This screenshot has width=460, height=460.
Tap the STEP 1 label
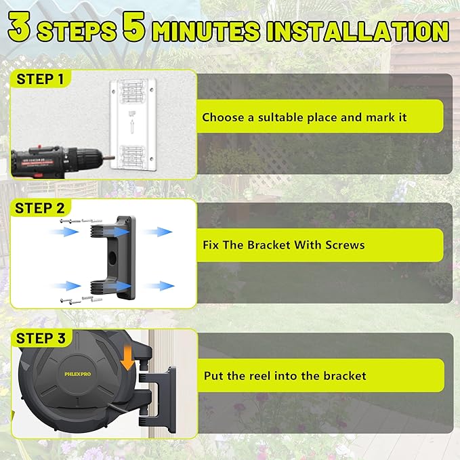[x=40, y=79]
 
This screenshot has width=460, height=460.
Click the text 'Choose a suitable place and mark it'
[x=304, y=117]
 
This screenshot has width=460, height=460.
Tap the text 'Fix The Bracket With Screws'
[x=283, y=245]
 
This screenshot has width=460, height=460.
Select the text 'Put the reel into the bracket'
[x=285, y=375]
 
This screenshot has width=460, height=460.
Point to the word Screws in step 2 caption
[x=345, y=245]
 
